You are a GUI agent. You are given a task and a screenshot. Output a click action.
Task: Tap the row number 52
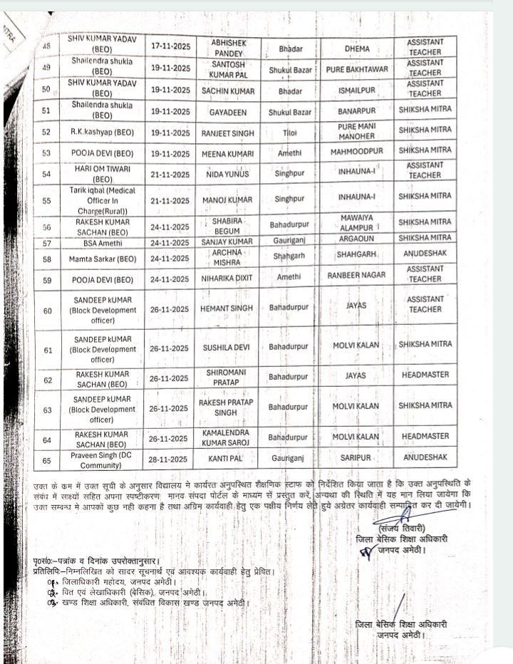click(47, 133)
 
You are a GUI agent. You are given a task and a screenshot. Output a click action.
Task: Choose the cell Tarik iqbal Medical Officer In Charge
click(103, 200)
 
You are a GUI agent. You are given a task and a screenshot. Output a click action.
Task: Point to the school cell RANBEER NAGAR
click(356, 275)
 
